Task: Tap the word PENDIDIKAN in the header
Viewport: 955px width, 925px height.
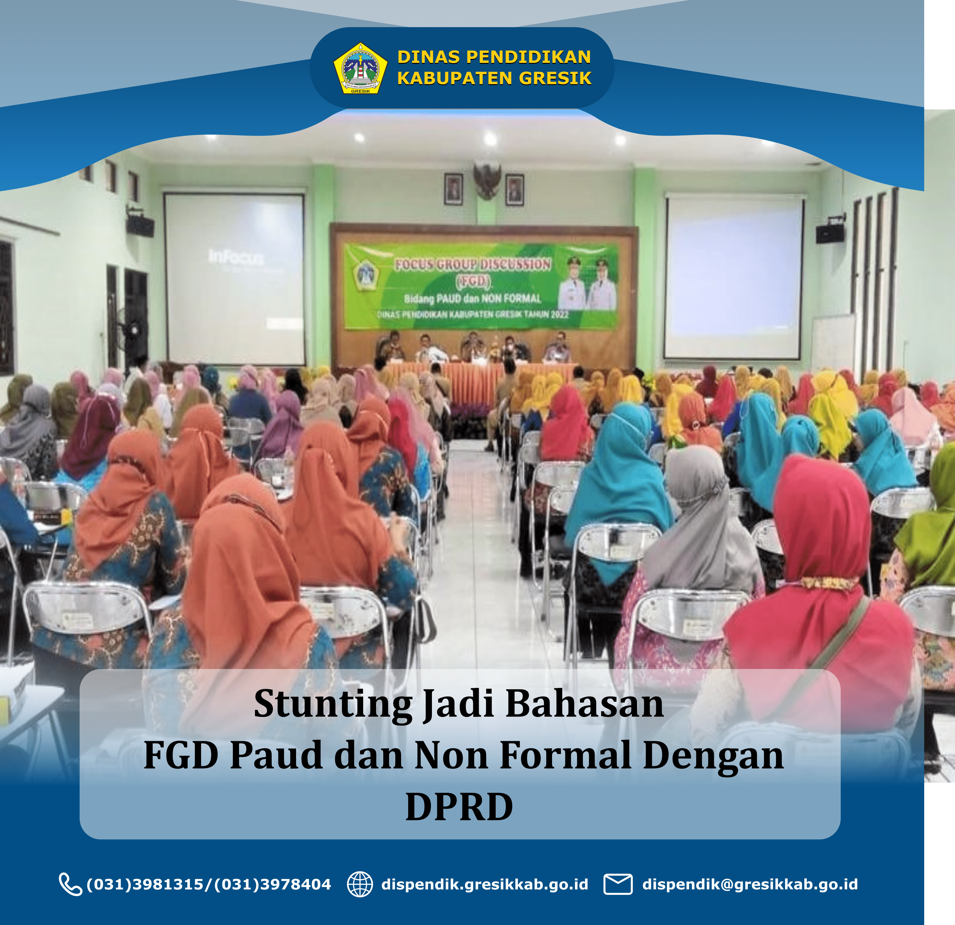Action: (x=529, y=57)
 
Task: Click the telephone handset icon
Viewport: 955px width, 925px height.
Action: (x=71, y=884)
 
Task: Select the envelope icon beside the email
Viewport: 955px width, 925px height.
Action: (x=618, y=884)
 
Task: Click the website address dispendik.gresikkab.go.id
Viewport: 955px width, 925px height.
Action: (x=485, y=884)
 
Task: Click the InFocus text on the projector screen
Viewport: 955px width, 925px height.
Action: (x=236, y=257)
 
